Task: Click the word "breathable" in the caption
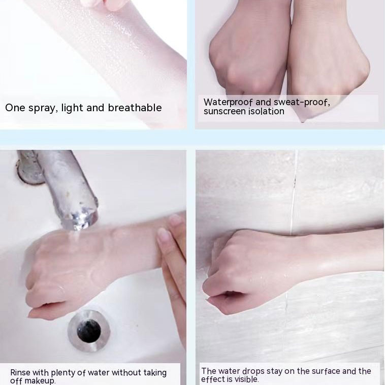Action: pyautogui.click(x=135, y=108)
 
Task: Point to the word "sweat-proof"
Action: pyautogui.click(x=302, y=102)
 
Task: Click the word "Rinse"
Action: pyautogui.click(x=20, y=372)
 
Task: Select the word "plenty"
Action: pyautogui.click(x=63, y=373)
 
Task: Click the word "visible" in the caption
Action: pyautogui.click(x=246, y=379)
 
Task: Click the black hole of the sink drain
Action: pyautogui.click(x=89, y=331)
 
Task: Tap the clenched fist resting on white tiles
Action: pyautogui.click(x=245, y=270)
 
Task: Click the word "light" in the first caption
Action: pyautogui.click(x=73, y=108)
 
